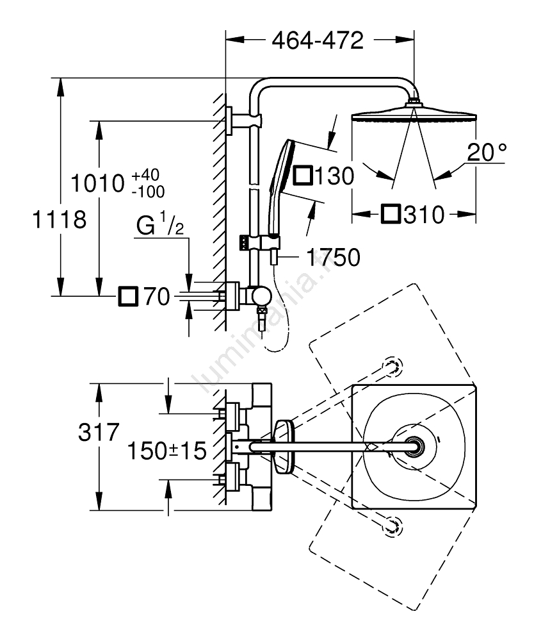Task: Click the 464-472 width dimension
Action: [x=318, y=40]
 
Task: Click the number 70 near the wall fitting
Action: [x=155, y=296]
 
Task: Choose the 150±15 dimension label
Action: [x=166, y=450]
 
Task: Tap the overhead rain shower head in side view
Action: [x=415, y=116]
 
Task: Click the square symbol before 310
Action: [x=391, y=215]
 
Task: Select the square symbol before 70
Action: [x=128, y=296]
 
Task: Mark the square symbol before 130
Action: [x=302, y=175]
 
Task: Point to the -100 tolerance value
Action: [x=147, y=191]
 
